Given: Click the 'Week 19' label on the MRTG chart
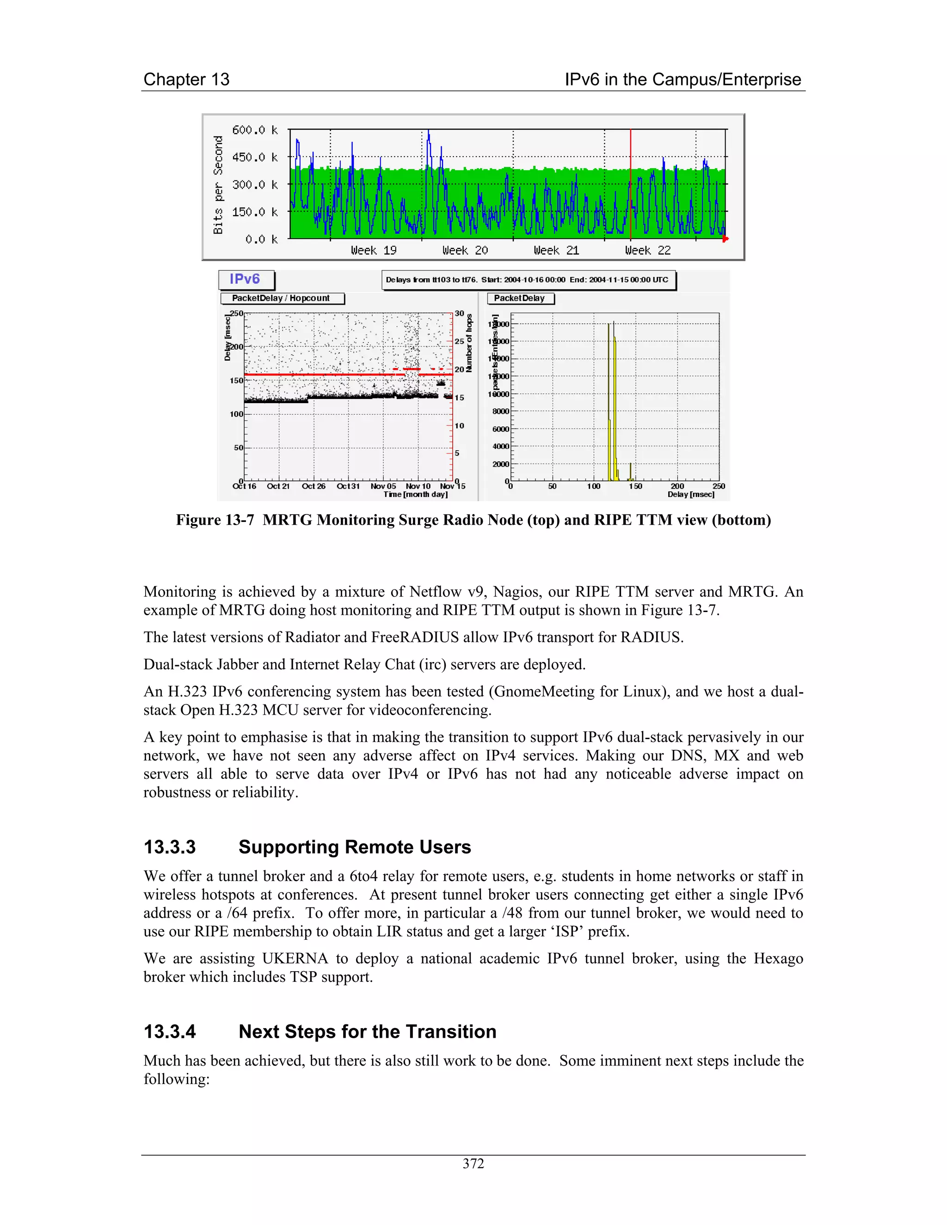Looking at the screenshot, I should (x=374, y=250).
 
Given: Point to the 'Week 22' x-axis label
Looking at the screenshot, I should (x=647, y=250).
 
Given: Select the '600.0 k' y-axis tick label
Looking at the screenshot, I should (x=255, y=130).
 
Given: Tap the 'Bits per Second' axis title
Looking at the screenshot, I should (x=218, y=184).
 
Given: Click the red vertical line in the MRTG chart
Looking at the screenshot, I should (x=631, y=185).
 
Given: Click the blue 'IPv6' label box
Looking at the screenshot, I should (x=245, y=279).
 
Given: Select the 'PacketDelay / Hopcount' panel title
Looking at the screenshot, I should (x=281, y=299).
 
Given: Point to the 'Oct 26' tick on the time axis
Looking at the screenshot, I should (x=314, y=486).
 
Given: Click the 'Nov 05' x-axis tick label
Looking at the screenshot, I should (x=383, y=486).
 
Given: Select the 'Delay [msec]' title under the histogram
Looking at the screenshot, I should (x=691, y=495).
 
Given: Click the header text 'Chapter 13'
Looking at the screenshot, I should (x=186, y=80).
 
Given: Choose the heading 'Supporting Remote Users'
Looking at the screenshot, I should (x=354, y=847).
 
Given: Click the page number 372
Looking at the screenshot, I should (x=473, y=1164).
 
